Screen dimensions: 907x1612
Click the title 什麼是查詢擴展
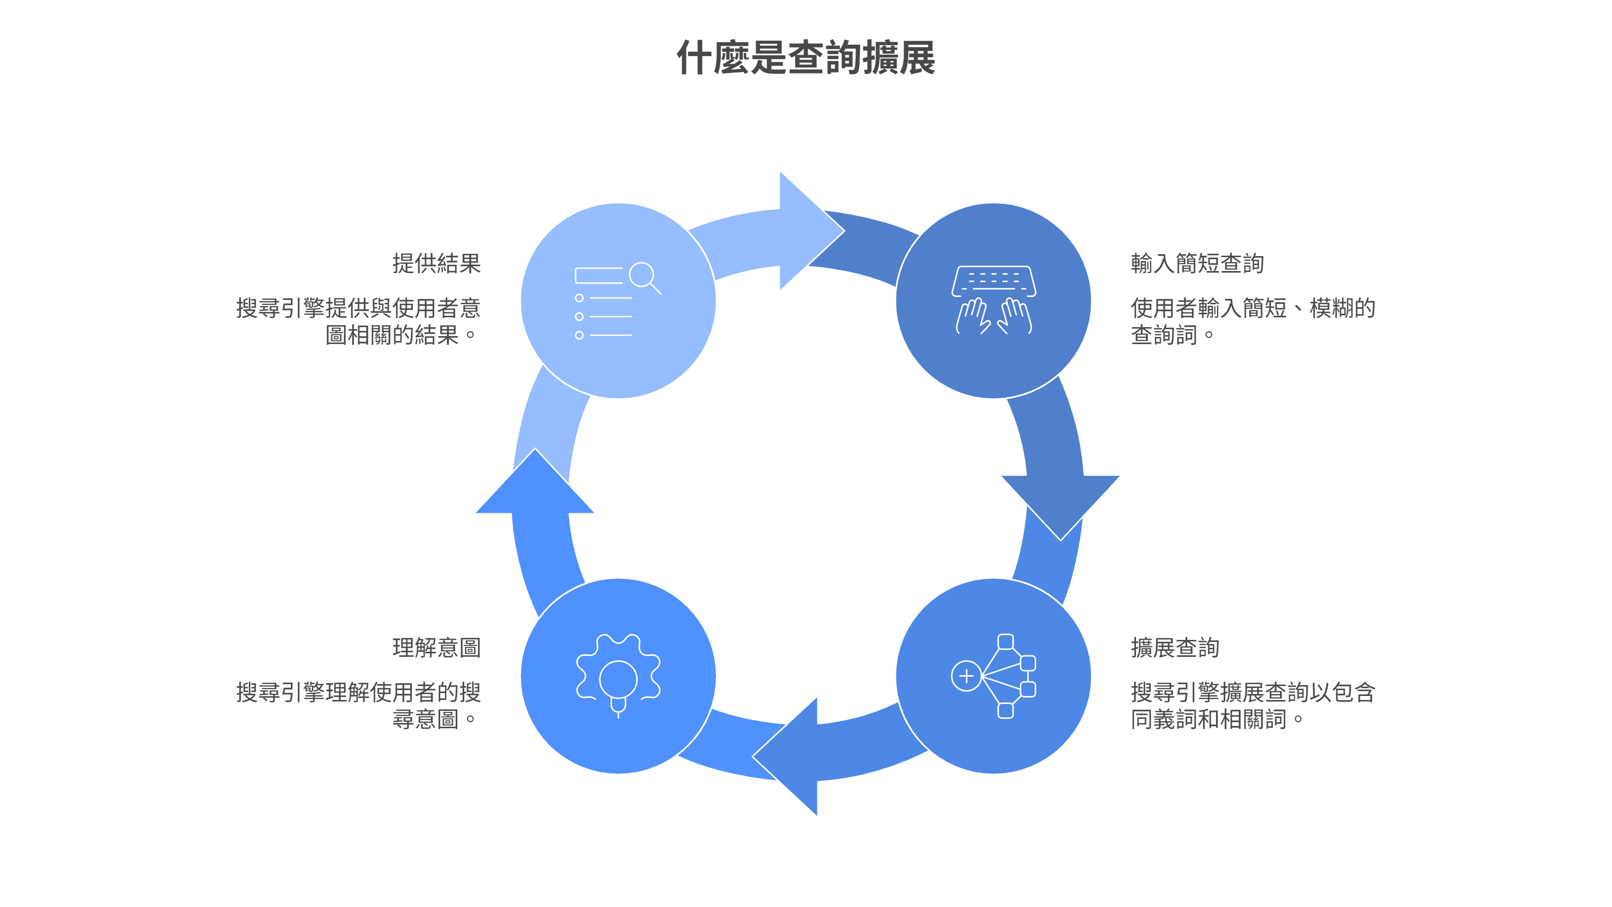(806, 58)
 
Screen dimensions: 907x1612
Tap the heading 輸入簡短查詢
(1197, 264)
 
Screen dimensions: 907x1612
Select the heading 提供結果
(436, 264)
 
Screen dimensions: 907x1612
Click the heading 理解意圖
(436, 647)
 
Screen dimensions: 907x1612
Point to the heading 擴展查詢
(1175, 647)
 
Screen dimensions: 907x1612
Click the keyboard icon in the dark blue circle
(993, 281)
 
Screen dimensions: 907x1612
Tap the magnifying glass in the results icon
(643, 276)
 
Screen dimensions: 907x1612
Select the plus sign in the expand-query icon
(966, 676)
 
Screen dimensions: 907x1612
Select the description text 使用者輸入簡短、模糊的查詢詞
(1252, 321)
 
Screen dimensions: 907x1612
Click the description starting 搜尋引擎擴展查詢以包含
(1252, 705)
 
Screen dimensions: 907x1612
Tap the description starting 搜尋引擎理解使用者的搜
(358, 705)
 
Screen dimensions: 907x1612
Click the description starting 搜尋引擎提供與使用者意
(358, 321)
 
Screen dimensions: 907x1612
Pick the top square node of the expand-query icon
(1006, 641)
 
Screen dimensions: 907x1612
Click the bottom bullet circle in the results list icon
(579, 336)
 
